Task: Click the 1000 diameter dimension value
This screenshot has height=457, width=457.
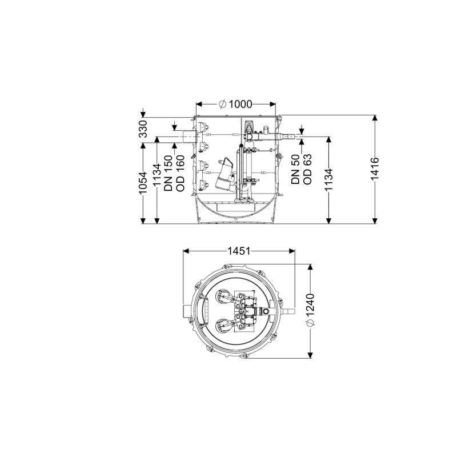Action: pos(240,104)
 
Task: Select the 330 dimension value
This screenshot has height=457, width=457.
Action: pos(143,129)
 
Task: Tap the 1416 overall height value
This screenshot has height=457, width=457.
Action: pos(375,169)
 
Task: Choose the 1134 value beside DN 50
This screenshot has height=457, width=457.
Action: pos(329,179)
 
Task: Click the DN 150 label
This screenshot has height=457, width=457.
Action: pos(169,173)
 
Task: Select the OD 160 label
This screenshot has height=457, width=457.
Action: pos(181,173)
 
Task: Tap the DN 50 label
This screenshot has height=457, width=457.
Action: pos(295,169)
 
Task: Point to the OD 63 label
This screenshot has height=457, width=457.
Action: pos(307,169)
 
